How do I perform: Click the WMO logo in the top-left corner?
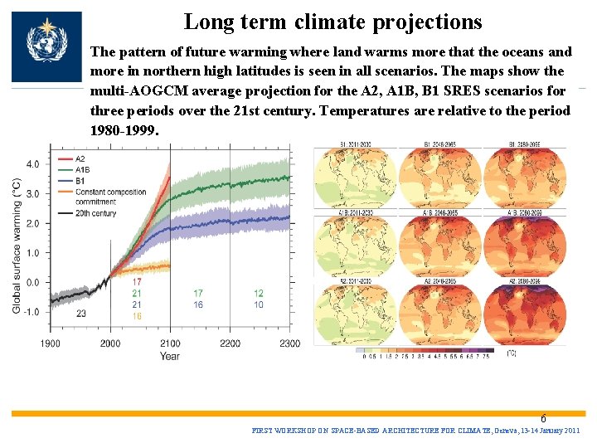click(x=46, y=46)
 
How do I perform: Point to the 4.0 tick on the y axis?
click(x=32, y=164)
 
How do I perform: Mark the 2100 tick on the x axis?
click(x=170, y=343)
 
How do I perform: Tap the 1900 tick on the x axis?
click(x=50, y=343)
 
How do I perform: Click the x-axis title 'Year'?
click(x=169, y=357)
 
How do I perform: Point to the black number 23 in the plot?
click(x=80, y=314)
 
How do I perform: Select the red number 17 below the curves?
click(x=137, y=283)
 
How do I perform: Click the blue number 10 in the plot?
click(x=259, y=305)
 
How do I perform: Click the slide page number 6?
click(x=543, y=419)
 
